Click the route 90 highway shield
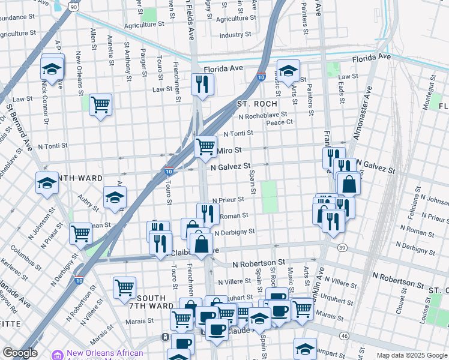[x=73, y=6]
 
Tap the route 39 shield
[x=342, y=248]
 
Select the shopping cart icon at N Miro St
[x=206, y=146]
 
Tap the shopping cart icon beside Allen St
[x=101, y=104]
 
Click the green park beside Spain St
[x=270, y=196]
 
